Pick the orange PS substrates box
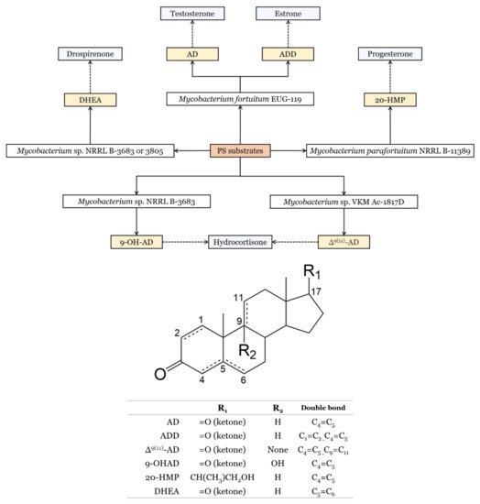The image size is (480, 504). [x=240, y=149]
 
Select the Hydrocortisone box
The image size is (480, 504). [x=240, y=244]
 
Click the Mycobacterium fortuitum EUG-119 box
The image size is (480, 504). [x=240, y=98]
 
